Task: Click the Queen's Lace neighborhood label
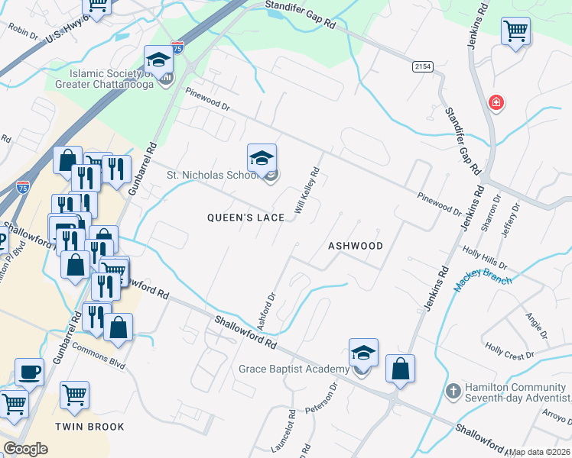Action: [245, 218]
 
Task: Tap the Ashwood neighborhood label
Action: [355, 246]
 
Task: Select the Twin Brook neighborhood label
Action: [89, 427]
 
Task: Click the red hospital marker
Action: [496, 102]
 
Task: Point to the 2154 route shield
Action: [422, 67]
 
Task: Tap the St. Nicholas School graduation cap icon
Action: [262, 158]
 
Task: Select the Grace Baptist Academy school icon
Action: [364, 353]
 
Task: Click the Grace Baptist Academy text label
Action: [294, 369]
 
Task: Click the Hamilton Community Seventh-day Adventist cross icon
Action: [453, 390]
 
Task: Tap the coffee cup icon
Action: [29, 372]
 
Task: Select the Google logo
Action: [25, 449]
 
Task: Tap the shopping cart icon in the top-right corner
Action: [516, 32]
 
